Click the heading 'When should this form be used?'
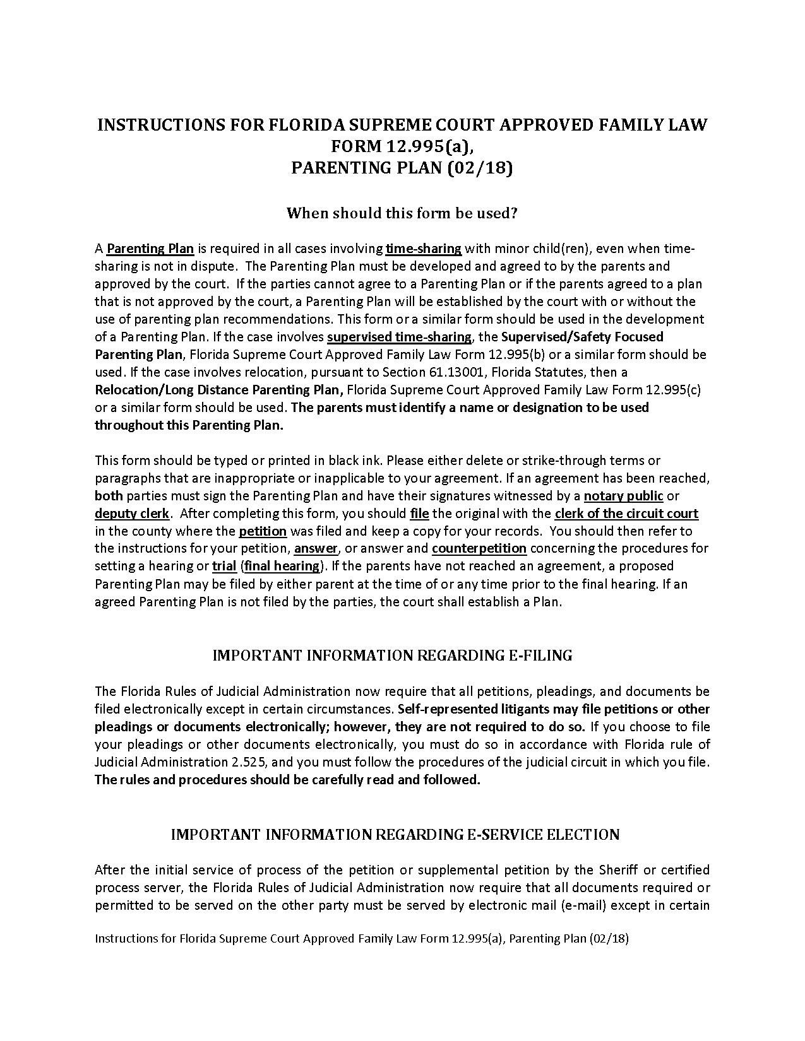pos(402,213)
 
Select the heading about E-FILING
pos(392,656)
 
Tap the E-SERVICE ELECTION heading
pos(395,835)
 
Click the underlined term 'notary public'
pos(623,496)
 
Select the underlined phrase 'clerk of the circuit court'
pos(626,514)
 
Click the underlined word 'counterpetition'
pos(479,548)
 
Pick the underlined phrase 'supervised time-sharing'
pos(399,337)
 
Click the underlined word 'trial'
pos(224,566)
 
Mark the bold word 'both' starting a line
pos(109,496)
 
